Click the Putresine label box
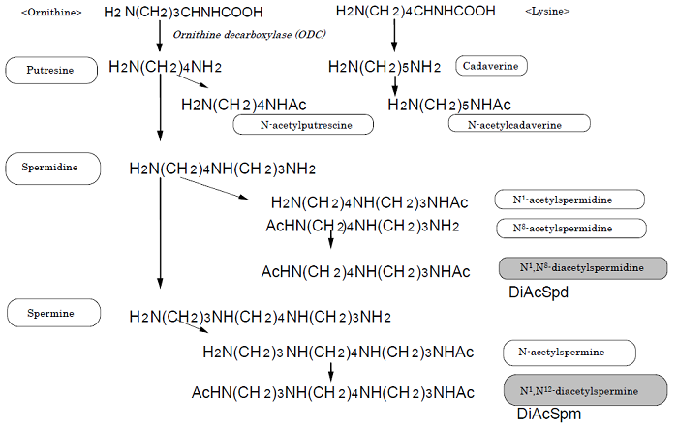pos(51,70)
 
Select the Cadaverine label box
pos(491,66)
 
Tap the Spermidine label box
pos(52,168)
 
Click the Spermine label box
pos(53,313)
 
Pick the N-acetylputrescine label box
pos(303,125)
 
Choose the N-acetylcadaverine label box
pos(519,123)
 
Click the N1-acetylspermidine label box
pos(569,200)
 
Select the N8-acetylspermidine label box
pos(571,229)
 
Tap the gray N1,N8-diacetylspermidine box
pos(583,268)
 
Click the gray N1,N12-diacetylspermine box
pos(585,390)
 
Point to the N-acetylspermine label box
pos(569,353)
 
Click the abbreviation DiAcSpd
pos(539,292)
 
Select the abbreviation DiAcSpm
pos(549,414)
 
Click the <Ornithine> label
pos(51,12)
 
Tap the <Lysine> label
pos(547,12)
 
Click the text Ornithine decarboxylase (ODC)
pos(249,35)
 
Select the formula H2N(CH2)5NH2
pos(385,67)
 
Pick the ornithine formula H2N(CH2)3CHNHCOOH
pos(183,12)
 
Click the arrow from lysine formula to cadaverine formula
pos(394,36)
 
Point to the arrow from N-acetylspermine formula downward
pos(330,372)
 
